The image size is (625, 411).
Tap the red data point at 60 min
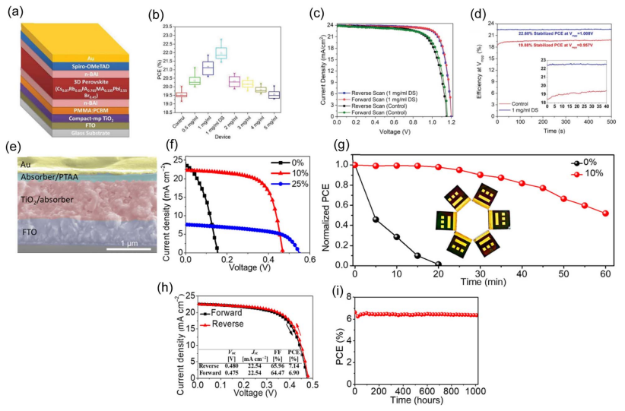click(x=604, y=213)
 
